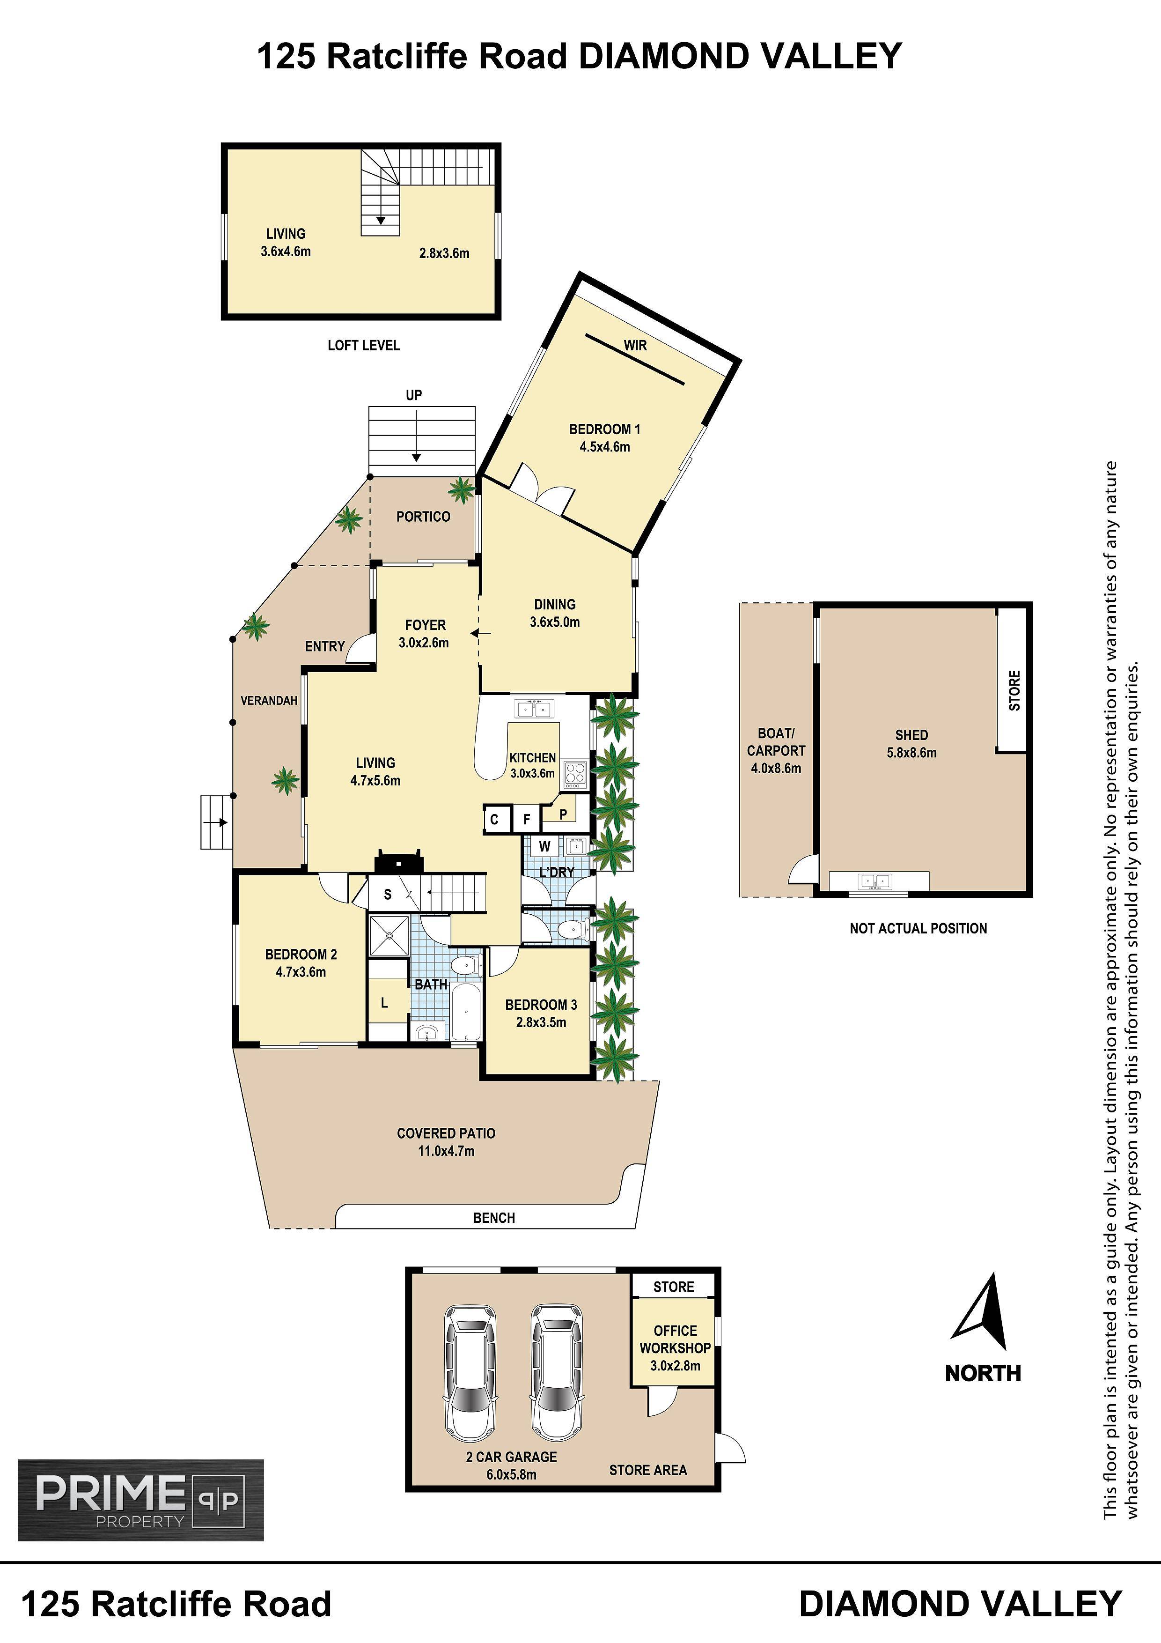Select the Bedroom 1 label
[x=604, y=429]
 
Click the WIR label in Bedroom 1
[x=635, y=345]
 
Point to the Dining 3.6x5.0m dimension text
[x=555, y=622]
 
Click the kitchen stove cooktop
[x=574, y=774]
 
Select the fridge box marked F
[x=527, y=819]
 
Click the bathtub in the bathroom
[x=466, y=1013]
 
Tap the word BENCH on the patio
[x=494, y=1218]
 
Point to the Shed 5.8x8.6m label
[x=911, y=743]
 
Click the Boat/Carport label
[x=776, y=742]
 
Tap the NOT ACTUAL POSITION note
[x=919, y=929]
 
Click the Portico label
[x=424, y=517]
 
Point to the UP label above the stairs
[x=414, y=395]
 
